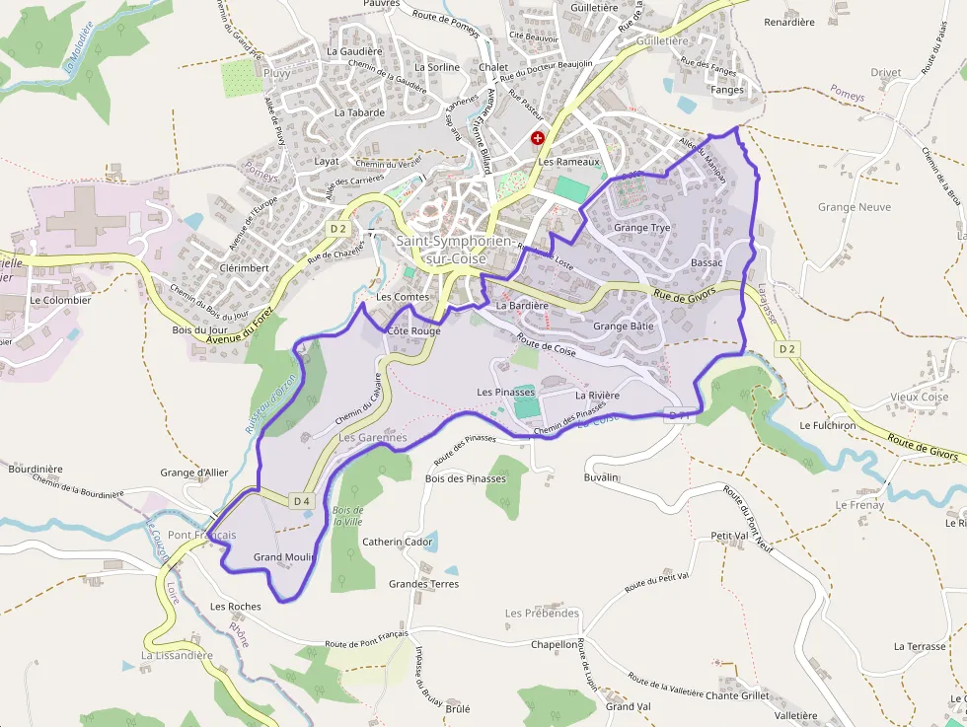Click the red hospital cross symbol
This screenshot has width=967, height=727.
pos(538,139)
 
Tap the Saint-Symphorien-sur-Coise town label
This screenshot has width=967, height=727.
pos(454,250)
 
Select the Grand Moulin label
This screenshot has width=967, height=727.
pos(284,557)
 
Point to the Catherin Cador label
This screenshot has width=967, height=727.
pos(398,542)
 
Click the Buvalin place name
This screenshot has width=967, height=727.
pos(601,477)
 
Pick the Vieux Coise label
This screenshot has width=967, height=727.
pos(919,398)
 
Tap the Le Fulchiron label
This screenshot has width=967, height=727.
pos(828,426)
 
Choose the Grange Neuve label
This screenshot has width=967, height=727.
pos(855,207)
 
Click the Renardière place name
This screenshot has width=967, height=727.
pos(789,22)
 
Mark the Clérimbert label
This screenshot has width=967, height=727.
pos(245,267)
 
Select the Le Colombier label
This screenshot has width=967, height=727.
pos(60,300)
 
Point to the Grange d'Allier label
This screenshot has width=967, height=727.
pos(194,473)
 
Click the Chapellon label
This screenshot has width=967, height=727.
pos(555,644)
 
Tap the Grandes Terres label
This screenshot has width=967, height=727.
pos(423,584)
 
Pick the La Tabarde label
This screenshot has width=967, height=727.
pos(359,112)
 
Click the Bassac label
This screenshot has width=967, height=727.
pos(707,263)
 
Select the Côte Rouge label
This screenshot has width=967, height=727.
pos(414,331)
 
